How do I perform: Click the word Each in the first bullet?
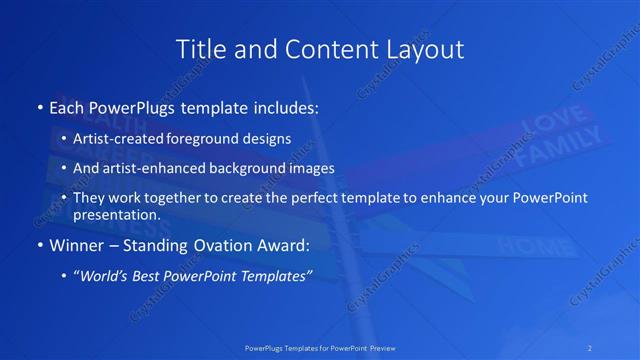(x=66, y=106)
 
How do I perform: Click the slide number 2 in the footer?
(x=590, y=348)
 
